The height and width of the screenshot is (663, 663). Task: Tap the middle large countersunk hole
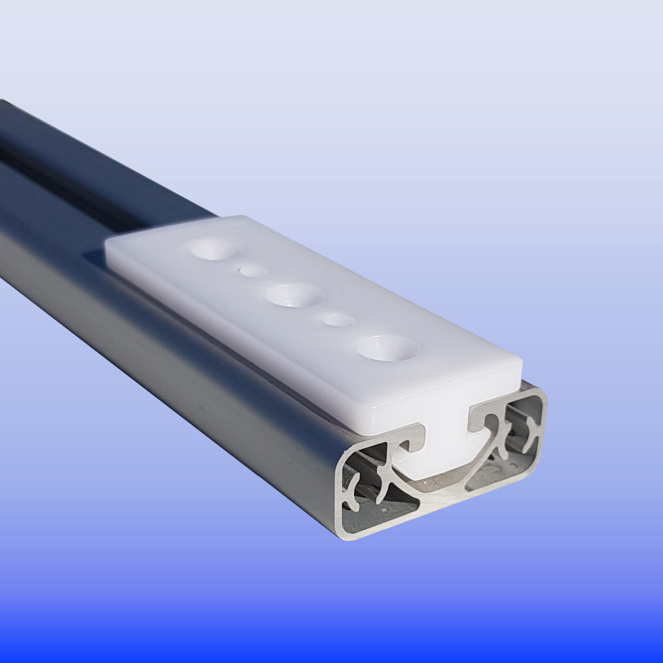(294, 296)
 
